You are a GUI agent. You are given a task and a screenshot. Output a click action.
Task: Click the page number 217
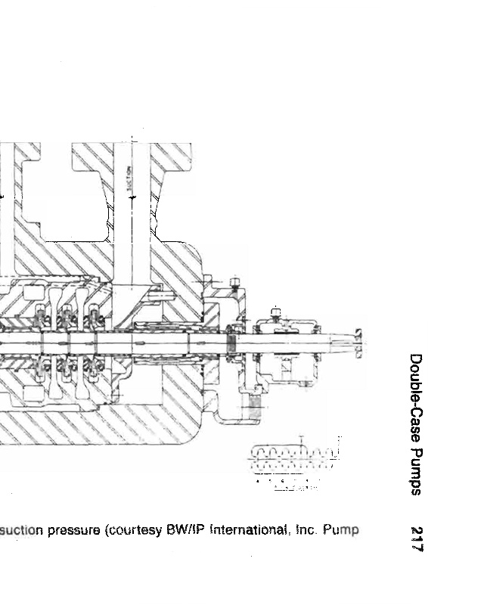point(415,539)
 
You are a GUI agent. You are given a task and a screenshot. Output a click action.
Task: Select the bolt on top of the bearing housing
point(275,310)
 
